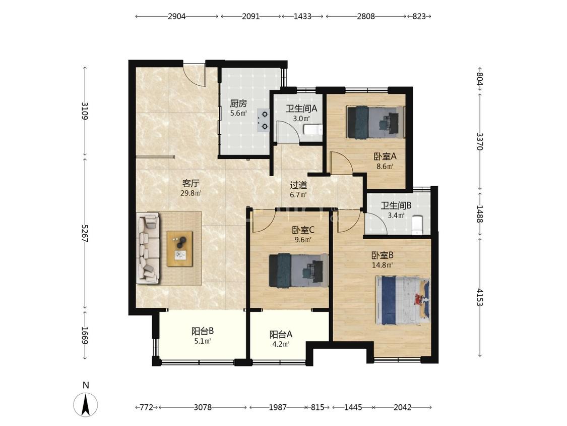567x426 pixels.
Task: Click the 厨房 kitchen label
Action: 238,103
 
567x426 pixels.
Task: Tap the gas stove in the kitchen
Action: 263,120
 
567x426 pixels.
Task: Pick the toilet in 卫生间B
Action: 418,225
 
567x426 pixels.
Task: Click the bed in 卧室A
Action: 375,122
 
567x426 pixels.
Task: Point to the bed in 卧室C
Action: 298,270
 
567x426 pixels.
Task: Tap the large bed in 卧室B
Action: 403,300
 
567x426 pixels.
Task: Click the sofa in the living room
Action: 148,248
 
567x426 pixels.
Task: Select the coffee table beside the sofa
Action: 179,249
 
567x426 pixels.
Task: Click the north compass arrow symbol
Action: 86,404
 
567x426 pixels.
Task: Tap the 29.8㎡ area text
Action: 191,193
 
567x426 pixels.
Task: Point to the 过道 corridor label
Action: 299,185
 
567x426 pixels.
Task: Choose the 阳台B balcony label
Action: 203,331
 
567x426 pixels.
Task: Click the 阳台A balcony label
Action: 281,334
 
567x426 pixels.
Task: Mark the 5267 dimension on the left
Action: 85,233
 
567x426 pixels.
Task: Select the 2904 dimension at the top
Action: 176,16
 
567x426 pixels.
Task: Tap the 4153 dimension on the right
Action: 480,297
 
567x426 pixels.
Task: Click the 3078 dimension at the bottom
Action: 203,407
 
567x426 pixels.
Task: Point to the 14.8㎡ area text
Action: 382,265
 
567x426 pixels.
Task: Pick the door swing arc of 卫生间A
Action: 290,126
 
